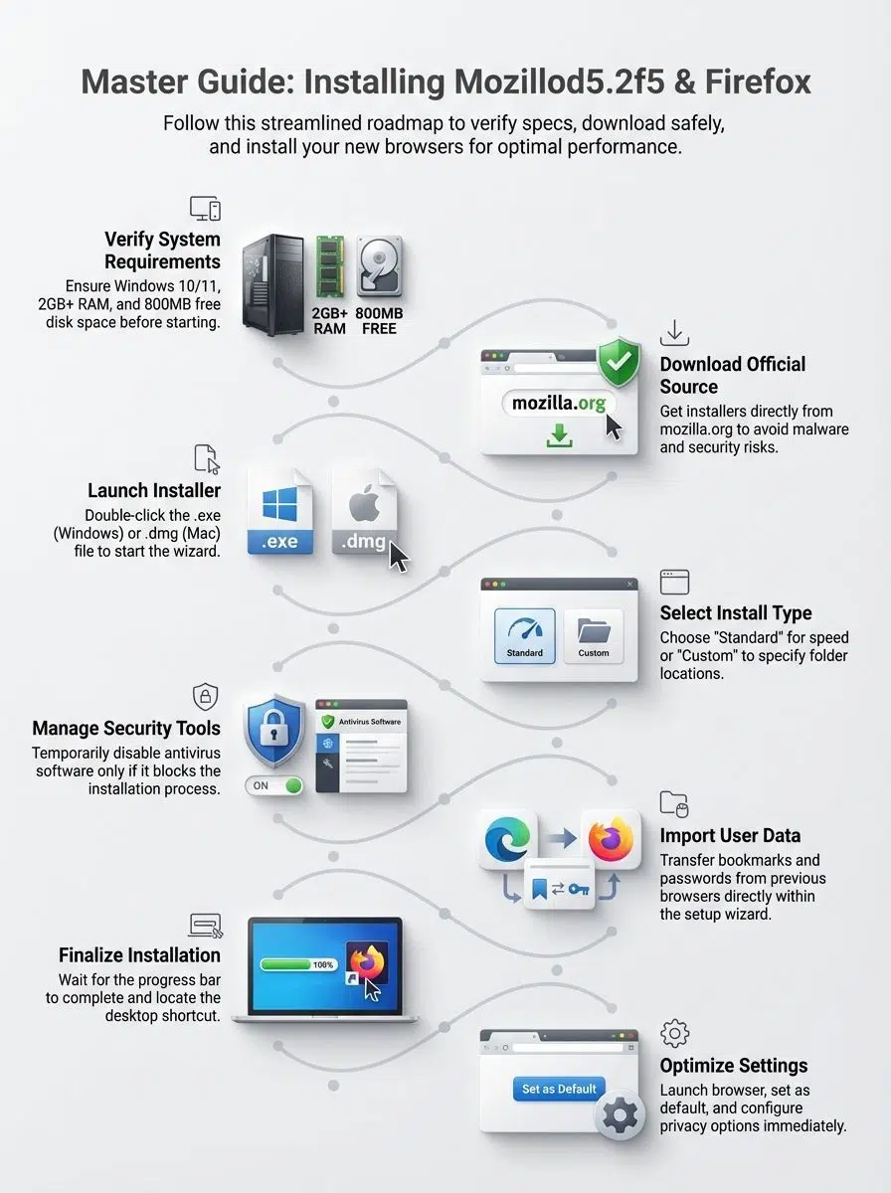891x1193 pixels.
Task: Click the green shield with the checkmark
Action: click(x=619, y=362)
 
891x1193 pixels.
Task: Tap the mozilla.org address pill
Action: click(x=559, y=404)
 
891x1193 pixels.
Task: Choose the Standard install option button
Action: click(x=525, y=636)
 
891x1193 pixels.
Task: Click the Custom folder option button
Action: click(x=593, y=636)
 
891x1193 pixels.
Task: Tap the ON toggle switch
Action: click(x=274, y=785)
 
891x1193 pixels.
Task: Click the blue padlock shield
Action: click(x=274, y=730)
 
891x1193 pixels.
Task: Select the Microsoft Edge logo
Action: click(x=507, y=839)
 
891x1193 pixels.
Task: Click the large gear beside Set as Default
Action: click(x=621, y=1115)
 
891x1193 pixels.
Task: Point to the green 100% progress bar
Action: click(x=299, y=964)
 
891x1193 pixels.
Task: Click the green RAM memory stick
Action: click(x=330, y=266)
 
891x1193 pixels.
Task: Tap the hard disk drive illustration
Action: click(x=380, y=266)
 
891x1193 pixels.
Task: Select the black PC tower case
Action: click(x=272, y=284)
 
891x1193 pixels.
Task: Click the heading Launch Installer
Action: click(x=154, y=490)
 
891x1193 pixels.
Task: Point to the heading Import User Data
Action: click(x=730, y=835)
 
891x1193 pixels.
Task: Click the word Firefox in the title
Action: click(x=758, y=83)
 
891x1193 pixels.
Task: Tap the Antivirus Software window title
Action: click(x=370, y=722)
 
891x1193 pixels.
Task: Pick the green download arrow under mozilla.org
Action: click(x=560, y=435)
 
